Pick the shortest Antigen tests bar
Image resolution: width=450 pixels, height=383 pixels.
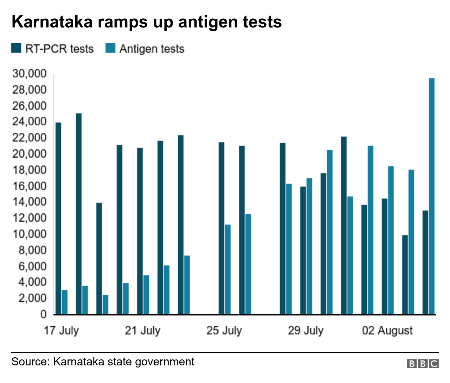pyautogui.click(x=105, y=304)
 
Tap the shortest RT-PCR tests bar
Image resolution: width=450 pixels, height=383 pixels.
pyautogui.click(x=405, y=275)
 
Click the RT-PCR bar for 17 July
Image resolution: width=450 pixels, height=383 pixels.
pyautogui.click(x=58, y=218)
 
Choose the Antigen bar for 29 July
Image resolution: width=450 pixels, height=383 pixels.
pyautogui.click(x=309, y=246)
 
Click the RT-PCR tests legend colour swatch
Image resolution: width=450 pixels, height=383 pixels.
pyautogui.click(x=17, y=48)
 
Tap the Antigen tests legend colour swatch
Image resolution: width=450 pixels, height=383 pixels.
pyautogui.click(x=110, y=48)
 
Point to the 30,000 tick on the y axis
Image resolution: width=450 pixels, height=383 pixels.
pyautogui.click(x=30, y=74)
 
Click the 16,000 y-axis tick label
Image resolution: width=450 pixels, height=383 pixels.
pyautogui.click(x=30, y=186)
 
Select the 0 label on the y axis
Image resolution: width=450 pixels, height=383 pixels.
pyautogui.click(x=43, y=314)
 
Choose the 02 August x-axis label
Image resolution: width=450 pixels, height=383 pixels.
pyautogui.click(x=387, y=331)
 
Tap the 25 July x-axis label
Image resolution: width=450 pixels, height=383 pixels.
pyautogui.click(x=224, y=331)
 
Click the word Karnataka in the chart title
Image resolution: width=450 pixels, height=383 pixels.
pyautogui.click(x=52, y=22)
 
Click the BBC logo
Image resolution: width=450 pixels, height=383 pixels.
pyautogui.click(x=423, y=364)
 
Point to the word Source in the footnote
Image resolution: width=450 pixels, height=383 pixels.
pyautogui.click(x=30, y=362)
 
